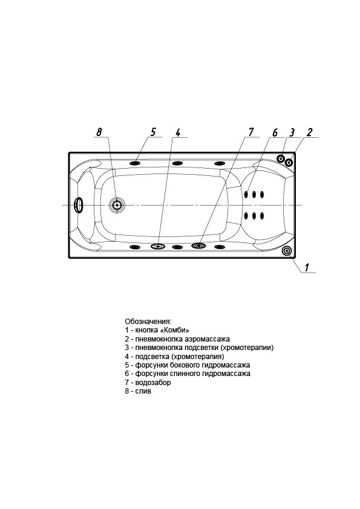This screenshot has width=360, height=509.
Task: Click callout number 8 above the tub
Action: pyautogui.click(x=99, y=132)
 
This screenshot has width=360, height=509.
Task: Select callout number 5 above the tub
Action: pyautogui.click(x=153, y=132)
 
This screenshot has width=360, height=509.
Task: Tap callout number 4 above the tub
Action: pyautogui.click(x=178, y=132)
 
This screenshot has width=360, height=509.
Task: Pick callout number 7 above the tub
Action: pyautogui.click(x=251, y=132)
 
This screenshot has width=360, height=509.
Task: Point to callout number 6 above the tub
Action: pyautogui.click(x=275, y=132)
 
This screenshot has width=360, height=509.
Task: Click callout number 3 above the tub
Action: pyautogui.click(x=292, y=132)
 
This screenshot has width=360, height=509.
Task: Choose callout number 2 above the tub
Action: pyautogui.click(x=309, y=132)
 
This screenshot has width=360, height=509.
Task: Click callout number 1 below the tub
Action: pyautogui.click(x=307, y=267)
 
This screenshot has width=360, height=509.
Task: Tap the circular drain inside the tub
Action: pyautogui.click(x=116, y=205)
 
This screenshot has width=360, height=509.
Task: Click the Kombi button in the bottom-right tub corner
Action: pyautogui.click(x=287, y=251)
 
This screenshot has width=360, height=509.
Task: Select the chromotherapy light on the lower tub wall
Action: pyautogui.click(x=158, y=247)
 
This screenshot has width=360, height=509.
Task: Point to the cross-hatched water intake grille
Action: pyautogui.click(x=199, y=246)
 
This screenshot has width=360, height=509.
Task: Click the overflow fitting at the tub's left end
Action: pyautogui.click(x=79, y=205)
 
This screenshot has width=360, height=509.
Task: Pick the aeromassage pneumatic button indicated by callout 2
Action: pyautogui.click(x=289, y=161)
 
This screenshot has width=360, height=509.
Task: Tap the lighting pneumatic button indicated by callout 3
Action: pyautogui.click(x=280, y=158)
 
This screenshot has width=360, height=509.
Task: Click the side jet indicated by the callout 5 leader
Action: pyautogui.click(x=135, y=163)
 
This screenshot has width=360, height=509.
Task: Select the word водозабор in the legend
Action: pyautogui.click(x=153, y=383)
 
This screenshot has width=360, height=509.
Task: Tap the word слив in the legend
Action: pyautogui.click(x=143, y=391)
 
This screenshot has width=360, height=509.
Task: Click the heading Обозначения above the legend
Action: pyautogui.click(x=148, y=322)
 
